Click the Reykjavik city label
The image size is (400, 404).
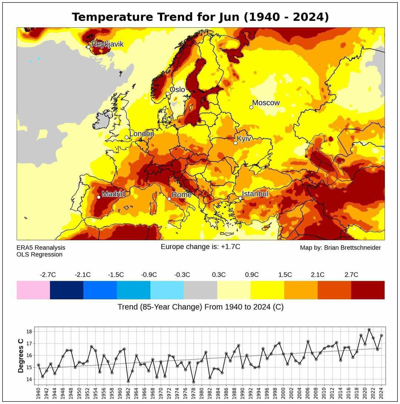pos(107,44)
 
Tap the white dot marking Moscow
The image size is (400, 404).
pos(251,107)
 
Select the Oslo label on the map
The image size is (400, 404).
pos(177,90)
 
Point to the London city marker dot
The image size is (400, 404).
pos(126,137)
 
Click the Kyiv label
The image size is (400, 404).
pos(244,138)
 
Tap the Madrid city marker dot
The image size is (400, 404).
pos(99,197)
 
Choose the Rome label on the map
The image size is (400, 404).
pos(181,195)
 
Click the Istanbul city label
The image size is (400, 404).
pos(255,194)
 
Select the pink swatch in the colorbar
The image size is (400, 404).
pos(33,290)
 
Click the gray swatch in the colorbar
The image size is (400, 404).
pos(200,290)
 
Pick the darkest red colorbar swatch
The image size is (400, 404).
pos(368,290)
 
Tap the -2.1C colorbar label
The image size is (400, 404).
pos(83,275)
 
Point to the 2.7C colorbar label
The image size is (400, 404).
pos(351,275)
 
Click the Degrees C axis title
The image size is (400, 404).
pos(21,355)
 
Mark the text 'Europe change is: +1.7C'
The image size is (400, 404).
pos(200,247)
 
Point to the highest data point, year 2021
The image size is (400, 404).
pos(369,329)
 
